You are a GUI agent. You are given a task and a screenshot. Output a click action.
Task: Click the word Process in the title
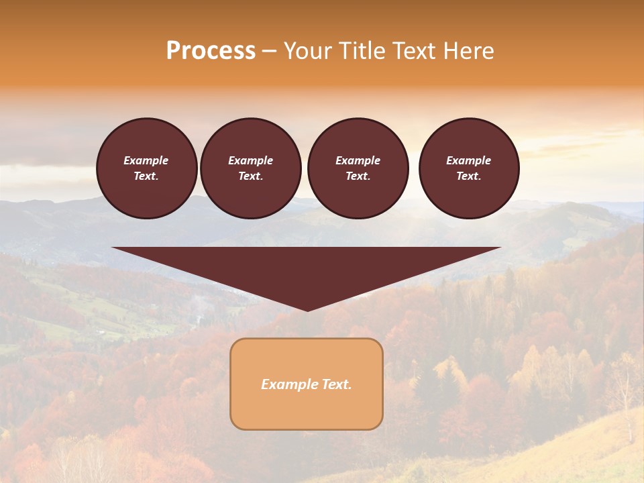coord(211,51)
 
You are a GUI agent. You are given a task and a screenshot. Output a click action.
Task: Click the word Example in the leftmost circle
coord(146,160)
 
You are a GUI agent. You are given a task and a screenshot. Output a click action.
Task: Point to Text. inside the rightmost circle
coord(469,176)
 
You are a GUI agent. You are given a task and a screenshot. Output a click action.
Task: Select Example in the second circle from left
coord(251,160)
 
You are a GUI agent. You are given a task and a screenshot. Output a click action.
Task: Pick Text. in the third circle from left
coord(358,176)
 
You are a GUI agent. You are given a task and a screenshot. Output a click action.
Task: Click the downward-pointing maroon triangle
coord(307,268)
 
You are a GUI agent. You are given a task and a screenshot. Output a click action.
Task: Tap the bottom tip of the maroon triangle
coord(307,309)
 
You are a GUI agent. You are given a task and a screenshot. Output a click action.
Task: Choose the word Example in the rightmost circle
coord(469,160)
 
